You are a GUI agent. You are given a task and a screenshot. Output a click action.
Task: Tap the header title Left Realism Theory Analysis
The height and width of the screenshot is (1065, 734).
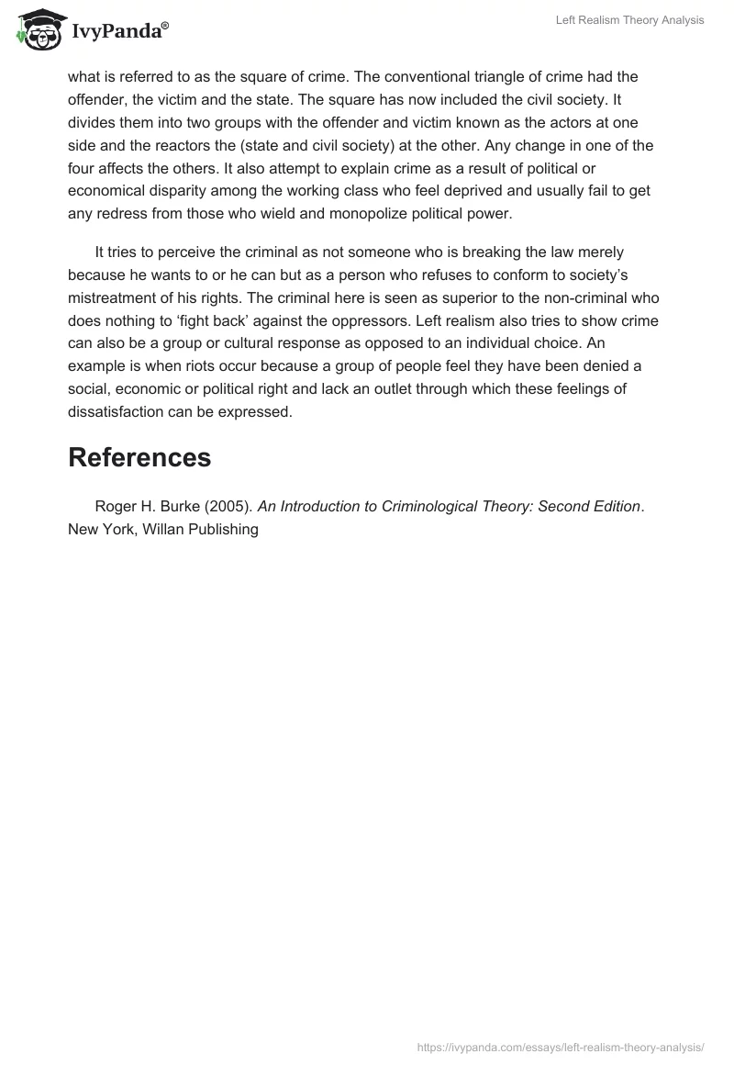[629, 20]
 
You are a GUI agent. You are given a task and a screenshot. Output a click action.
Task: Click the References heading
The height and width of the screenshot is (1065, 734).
[139, 457]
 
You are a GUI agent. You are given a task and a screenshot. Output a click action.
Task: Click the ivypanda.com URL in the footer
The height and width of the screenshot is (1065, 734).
[561, 1046]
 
